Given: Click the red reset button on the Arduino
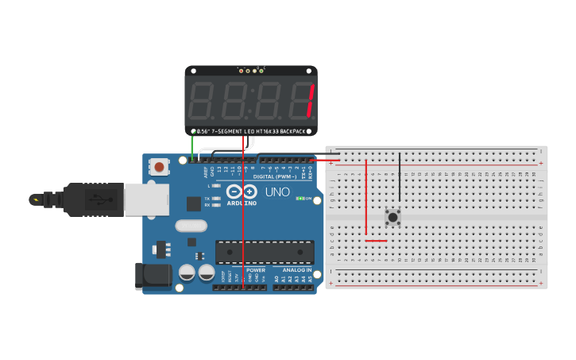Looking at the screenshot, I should pyautogui.click(x=160, y=167).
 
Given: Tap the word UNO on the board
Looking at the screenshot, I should pyautogui.click(x=276, y=192).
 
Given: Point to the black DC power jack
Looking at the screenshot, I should pyautogui.click(x=153, y=275).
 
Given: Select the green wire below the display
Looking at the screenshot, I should pyautogui.click(x=191, y=146).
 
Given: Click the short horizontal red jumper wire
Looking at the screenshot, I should pyautogui.click(x=376, y=240).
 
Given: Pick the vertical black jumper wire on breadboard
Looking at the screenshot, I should pyautogui.click(x=400, y=178).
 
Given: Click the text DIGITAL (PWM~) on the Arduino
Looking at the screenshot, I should pyautogui.click(x=275, y=176).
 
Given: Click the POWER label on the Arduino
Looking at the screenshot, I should pyautogui.click(x=256, y=270).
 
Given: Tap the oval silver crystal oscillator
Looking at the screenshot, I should pyautogui.click(x=192, y=225).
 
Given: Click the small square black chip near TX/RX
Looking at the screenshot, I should pyautogui.click(x=193, y=203).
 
